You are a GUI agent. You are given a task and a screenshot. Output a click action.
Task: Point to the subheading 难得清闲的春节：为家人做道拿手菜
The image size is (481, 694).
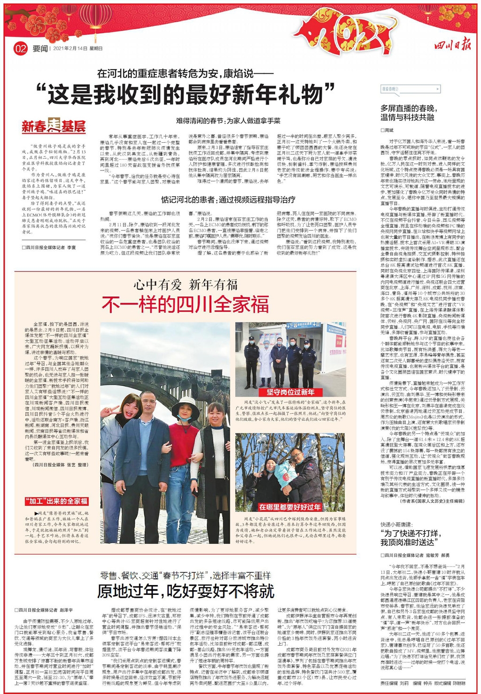tap(229, 121)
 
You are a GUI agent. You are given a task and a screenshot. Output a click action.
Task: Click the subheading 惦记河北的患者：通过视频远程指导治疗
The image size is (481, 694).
tap(228, 200)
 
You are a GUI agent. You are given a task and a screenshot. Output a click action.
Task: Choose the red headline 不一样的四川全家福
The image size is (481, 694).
tap(185, 305)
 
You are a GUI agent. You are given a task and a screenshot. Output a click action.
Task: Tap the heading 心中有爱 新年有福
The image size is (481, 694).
tap(185, 285)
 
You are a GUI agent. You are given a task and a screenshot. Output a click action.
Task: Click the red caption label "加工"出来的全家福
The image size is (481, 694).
tap(56, 501)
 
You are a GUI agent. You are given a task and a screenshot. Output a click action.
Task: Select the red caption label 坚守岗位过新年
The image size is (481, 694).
tap(291, 392)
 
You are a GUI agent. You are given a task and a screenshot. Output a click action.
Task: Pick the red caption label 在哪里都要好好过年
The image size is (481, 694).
tap(290, 507)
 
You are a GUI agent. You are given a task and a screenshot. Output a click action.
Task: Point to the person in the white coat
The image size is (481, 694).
tap(266, 362)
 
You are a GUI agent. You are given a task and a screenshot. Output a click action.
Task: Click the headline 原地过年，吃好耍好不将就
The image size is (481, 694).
tap(185, 591)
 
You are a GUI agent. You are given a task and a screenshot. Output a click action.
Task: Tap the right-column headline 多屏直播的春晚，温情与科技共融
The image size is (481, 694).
tap(409, 113)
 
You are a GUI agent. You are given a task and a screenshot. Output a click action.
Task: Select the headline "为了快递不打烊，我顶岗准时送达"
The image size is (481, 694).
tap(411, 538)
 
